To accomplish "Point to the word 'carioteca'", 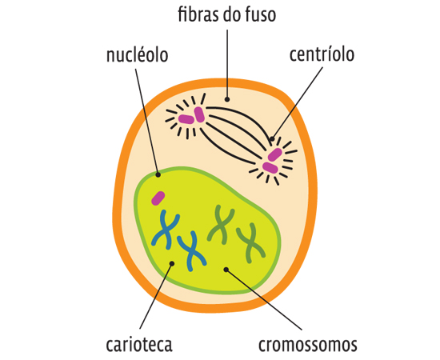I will point(139,345).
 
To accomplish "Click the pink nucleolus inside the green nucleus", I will point(159,198).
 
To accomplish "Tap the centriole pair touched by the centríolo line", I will point(273,160).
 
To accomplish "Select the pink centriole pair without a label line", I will point(192,117).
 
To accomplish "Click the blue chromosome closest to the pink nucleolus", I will point(166,230).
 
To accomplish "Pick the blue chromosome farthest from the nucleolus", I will point(191,250).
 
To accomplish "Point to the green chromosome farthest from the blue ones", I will point(251,241).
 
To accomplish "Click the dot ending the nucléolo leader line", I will point(158,173).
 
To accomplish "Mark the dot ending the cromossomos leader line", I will point(226,269).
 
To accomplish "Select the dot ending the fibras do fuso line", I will point(226,99).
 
